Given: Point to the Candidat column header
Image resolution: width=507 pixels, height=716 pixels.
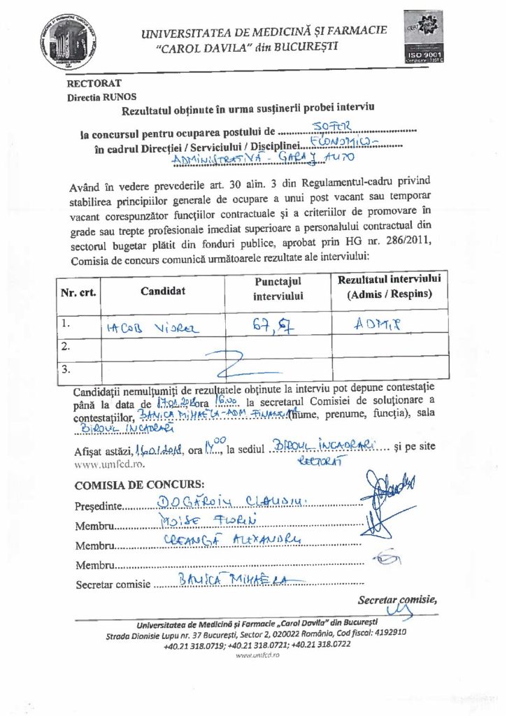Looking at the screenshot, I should (162, 291).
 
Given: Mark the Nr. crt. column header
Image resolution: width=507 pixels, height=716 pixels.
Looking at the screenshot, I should (78, 292).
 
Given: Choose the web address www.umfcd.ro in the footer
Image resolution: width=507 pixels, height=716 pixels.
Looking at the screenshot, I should (253, 657).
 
